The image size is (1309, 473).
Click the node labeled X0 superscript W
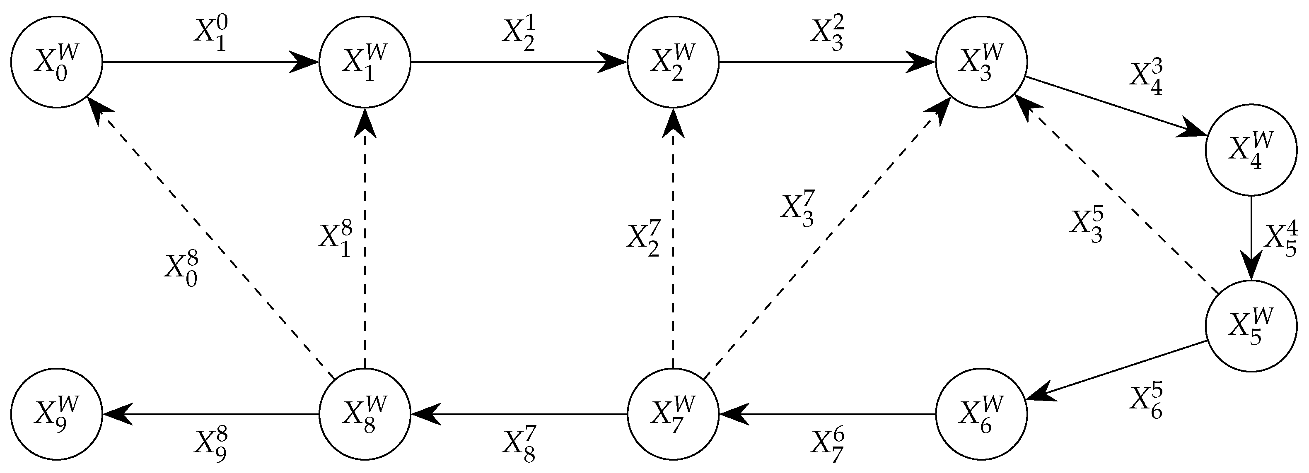click(x=56, y=62)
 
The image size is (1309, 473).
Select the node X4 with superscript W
click(x=1251, y=150)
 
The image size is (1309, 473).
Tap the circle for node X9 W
click(x=56, y=414)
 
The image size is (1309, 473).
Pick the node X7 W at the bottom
click(x=673, y=414)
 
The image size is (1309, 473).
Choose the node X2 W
click(x=673, y=62)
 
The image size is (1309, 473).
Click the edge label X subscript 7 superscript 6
click(x=827, y=447)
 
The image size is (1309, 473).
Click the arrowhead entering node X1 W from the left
click(x=304, y=62)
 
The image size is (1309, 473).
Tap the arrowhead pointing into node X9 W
click(x=117, y=414)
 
